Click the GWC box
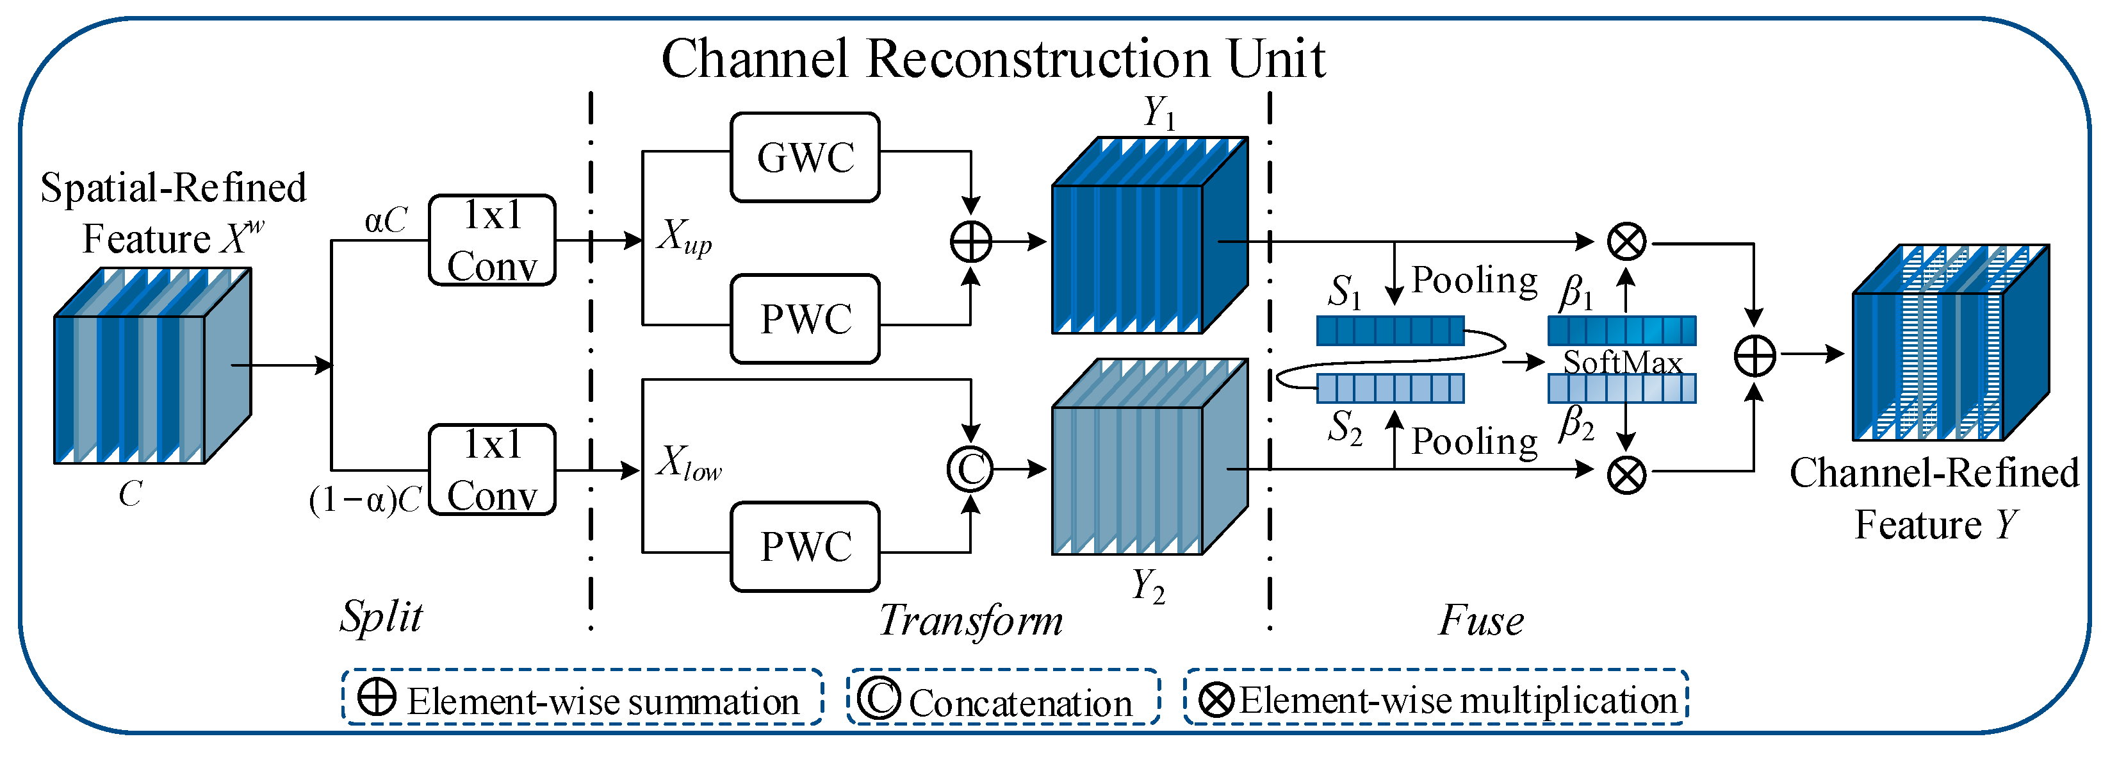pyautogui.click(x=805, y=157)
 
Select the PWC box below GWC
pyautogui.click(x=805, y=319)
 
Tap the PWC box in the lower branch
pyautogui.click(x=805, y=547)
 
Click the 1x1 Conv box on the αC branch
pyautogui.click(x=493, y=240)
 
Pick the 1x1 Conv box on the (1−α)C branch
pyautogui.click(x=493, y=469)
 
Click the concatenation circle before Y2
pyautogui.click(x=970, y=469)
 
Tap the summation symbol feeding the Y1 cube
pyautogui.click(x=970, y=242)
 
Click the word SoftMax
pyautogui.click(x=1623, y=362)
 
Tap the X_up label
pyautogui.click(x=685, y=238)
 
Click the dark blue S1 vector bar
pyautogui.click(x=1390, y=330)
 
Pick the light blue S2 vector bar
pyautogui.click(x=1390, y=388)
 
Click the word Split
pyautogui.click(x=382, y=617)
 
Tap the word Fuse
pyautogui.click(x=1482, y=620)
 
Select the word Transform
pyautogui.click(x=970, y=620)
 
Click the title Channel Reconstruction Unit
pyautogui.click(x=994, y=59)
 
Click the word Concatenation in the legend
pyautogui.click(x=1020, y=703)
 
